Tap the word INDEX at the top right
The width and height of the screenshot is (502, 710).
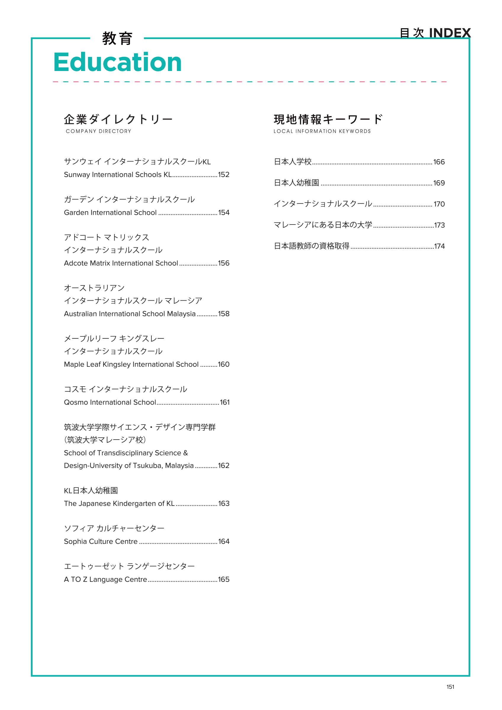(450, 33)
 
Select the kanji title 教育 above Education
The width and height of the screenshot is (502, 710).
(117, 39)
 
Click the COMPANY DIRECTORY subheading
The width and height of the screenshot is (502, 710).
(98, 131)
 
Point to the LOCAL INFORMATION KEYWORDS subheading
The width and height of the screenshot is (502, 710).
(322, 131)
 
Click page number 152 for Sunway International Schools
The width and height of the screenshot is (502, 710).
(224, 175)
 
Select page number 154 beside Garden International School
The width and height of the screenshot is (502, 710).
(224, 213)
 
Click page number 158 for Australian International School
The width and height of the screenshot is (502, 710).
(224, 314)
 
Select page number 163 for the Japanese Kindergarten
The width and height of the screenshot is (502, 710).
(224, 504)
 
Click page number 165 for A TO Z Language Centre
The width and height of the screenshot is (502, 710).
(224, 580)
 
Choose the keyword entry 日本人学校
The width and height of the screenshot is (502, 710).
(293, 162)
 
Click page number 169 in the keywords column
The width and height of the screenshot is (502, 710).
(439, 183)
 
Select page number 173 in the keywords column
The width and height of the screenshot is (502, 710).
(439, 225)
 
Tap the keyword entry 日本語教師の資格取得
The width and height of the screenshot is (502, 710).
(311, 246)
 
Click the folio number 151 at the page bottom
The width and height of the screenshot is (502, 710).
(450, 687)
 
